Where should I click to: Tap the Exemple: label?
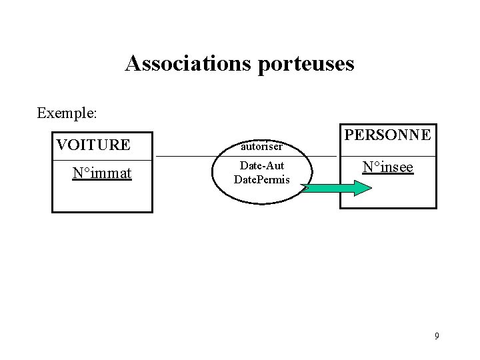click(x=67, y=113)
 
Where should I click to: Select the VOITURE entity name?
click(x=93, y=145)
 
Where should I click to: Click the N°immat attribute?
click(x=102, y=174)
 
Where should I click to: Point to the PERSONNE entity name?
click(x=388, y=135)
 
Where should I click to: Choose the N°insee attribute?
click(x=388, y=167)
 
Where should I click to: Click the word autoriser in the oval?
click(x=262, y=146)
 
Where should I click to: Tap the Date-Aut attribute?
click(x=262, y=165)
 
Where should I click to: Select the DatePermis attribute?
click(x=262, y=179)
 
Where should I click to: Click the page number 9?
click(x=437, y=335)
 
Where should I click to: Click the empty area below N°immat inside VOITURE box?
click(x=102, y=197)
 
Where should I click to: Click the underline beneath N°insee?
click(x=388, y=174)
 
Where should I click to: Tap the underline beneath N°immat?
click(x=102, y=181)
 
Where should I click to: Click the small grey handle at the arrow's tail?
click(x=305, y=188)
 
